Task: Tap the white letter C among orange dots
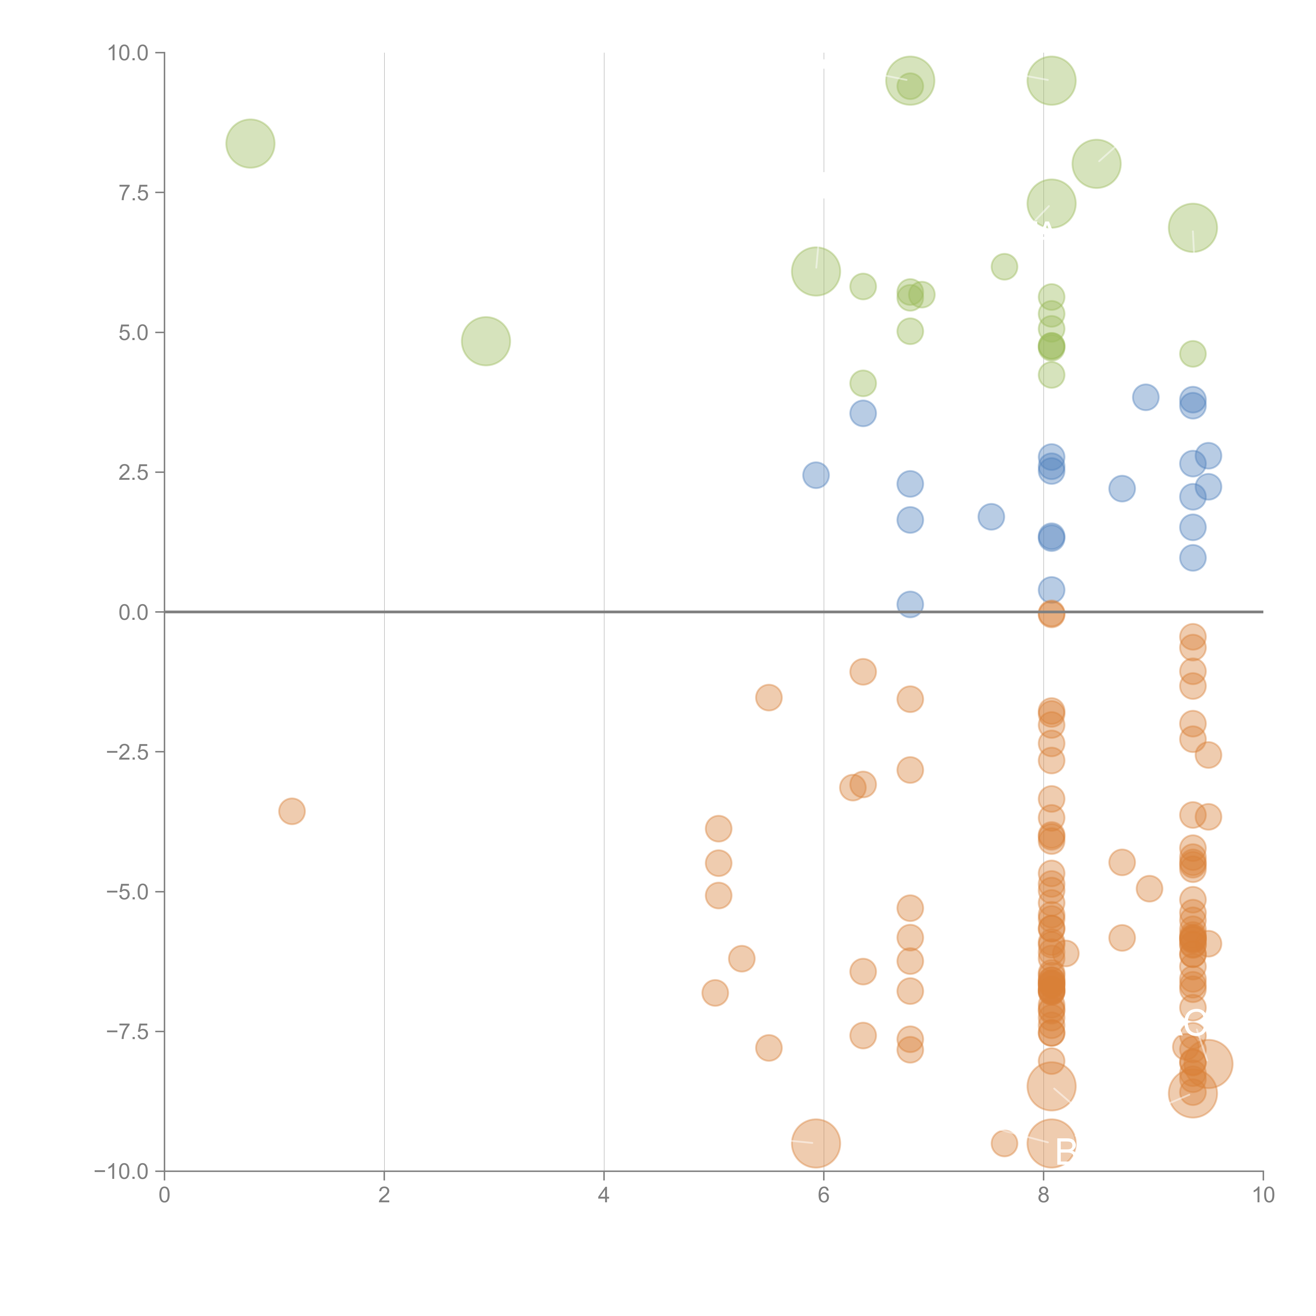point(1195,1024)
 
